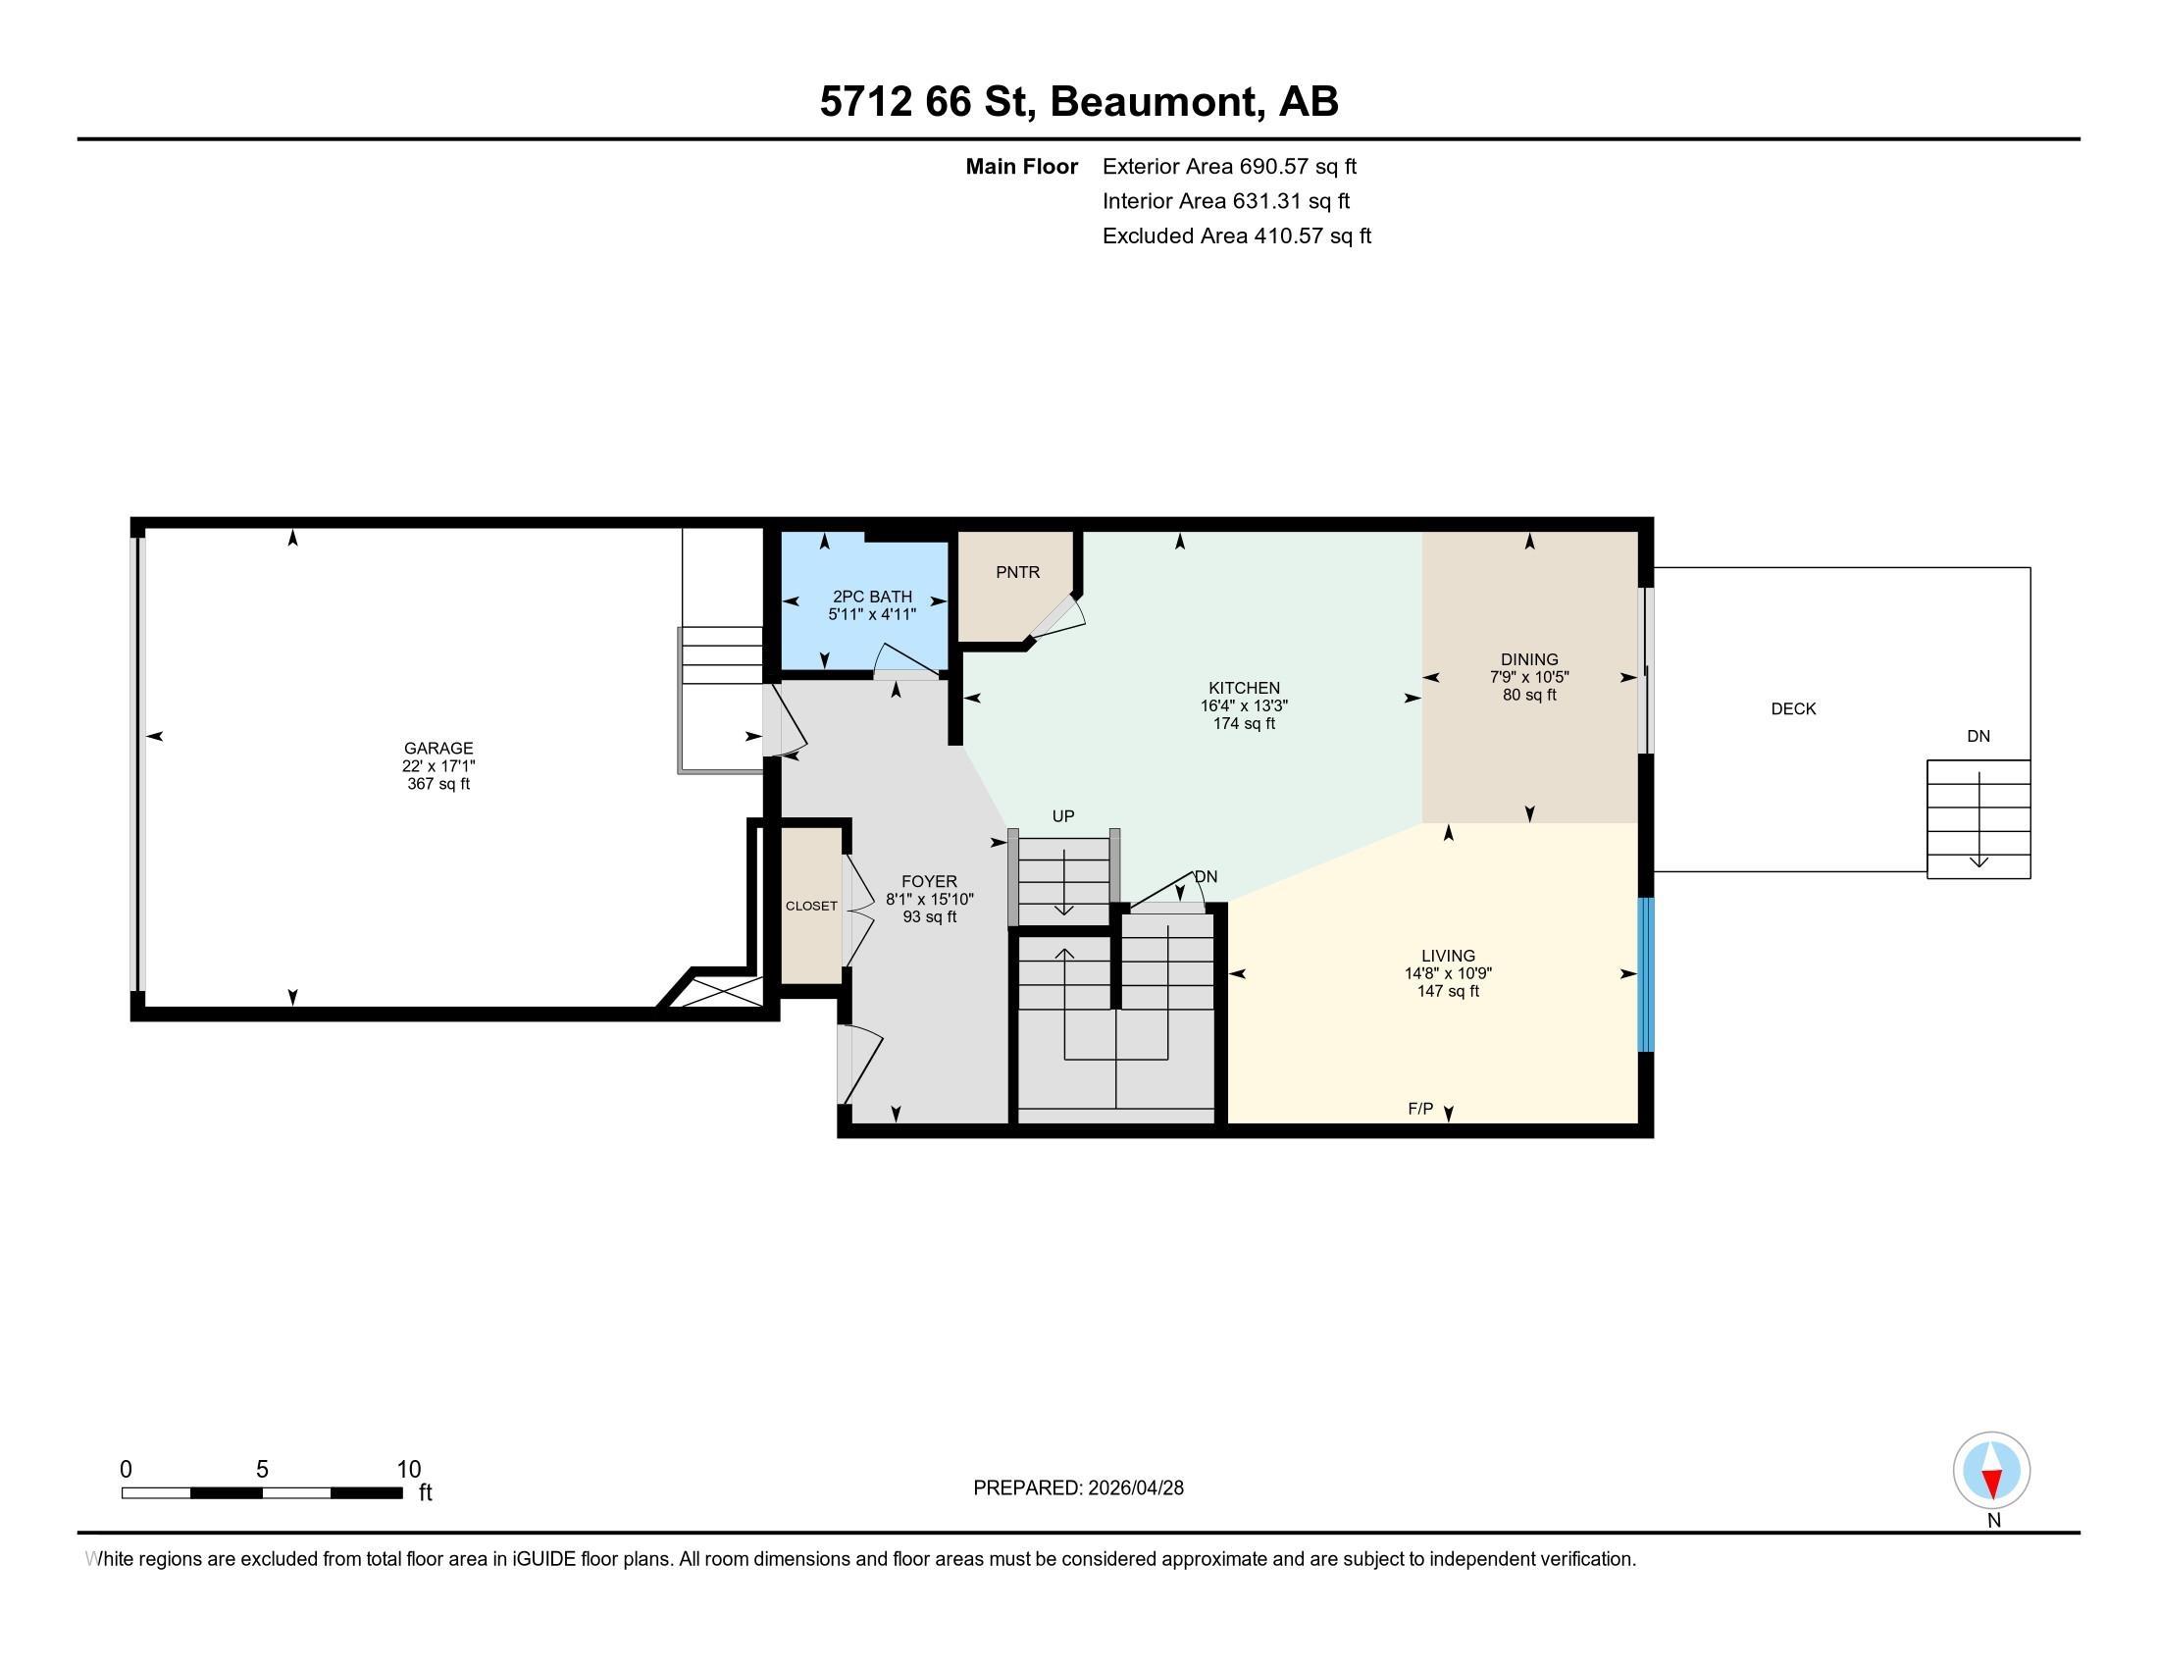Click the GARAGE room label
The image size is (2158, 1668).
[438, 748]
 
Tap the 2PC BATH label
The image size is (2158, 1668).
[872, 597]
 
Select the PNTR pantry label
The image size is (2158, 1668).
[1018, 572]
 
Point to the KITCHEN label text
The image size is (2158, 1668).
[1244, 688]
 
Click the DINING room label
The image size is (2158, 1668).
[1529, 659]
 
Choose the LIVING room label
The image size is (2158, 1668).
[1449, 956]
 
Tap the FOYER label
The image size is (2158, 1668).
[929, 881]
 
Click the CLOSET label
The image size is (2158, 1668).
[811, 907]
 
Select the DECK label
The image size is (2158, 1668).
[1793, 708]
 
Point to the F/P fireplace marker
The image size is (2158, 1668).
[1420, 1109]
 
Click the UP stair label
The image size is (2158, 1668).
[1063, 816]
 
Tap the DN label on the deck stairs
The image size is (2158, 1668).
[1978, 736]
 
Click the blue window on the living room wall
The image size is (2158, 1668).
[1646, 974]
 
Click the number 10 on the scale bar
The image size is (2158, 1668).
[409, 1470]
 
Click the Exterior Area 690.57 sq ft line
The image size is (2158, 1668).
[1229, 166]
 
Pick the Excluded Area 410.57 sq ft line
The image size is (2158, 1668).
[1237, 236]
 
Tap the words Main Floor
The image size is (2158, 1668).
[1022, 166]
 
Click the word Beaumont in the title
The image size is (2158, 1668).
[1157, 102]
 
